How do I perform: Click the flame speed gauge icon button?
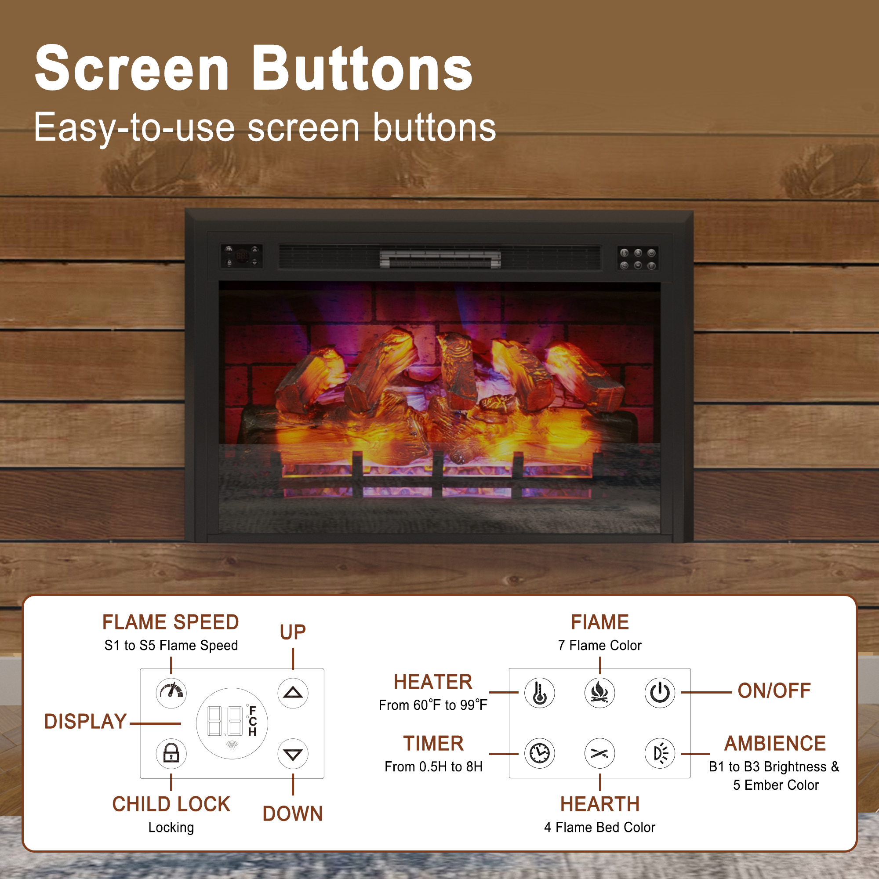[171, 693]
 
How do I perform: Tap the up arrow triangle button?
[293, 693]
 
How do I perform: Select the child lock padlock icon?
[171, 753]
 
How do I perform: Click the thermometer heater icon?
[540, 693]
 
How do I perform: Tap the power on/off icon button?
[660, 693]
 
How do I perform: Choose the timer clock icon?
[540, 753]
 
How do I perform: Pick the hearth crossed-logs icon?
[599, 753]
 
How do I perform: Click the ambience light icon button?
[660, 753]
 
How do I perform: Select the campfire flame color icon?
[599, 693]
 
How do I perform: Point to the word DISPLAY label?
[85, 722]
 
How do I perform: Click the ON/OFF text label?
[774, 690]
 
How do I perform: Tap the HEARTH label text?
[599, 804]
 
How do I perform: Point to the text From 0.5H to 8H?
[433, 767]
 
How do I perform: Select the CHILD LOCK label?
[171, 804]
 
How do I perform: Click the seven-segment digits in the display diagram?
[225, 721]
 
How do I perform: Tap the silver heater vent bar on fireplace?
[440, 259]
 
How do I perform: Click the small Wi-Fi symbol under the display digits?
[232, 745]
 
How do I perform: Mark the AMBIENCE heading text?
[775, 744]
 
